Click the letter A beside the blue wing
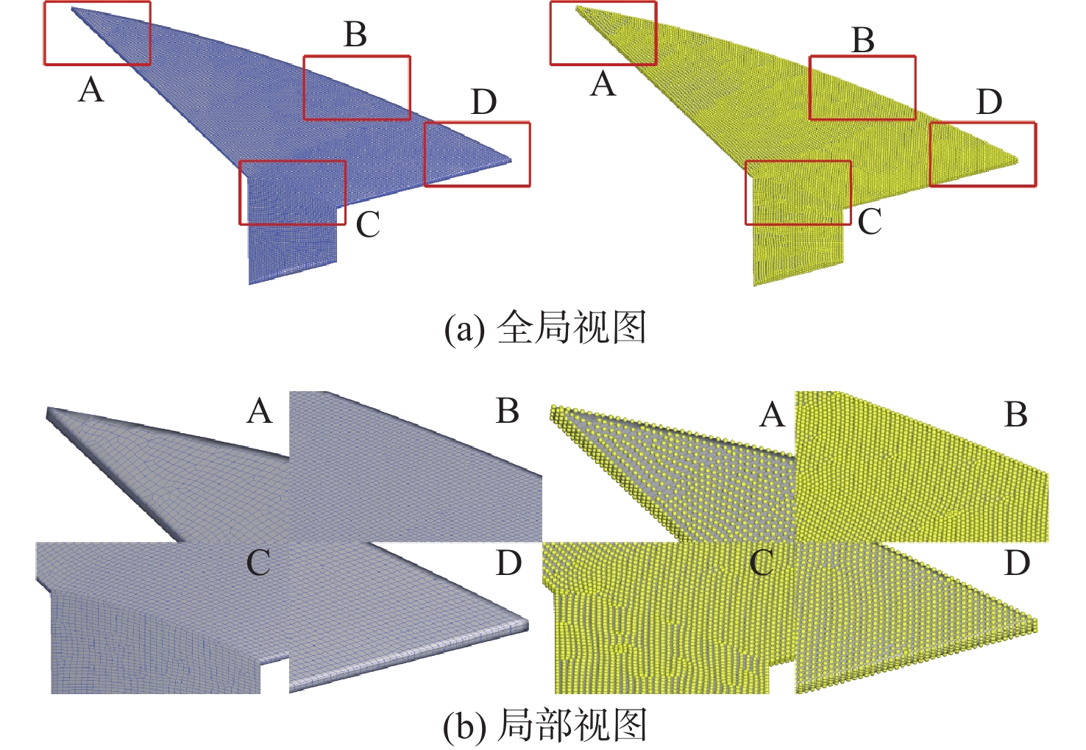click(90, 90)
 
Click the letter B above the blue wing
click(355, 35)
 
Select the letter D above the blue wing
click(483, 102)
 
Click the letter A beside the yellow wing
click(603, 85)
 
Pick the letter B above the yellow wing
click(863, 40)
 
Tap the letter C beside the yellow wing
click(870, 221)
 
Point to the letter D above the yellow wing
click(990, 102)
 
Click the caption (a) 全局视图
click(545, 327)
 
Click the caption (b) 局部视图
click(545, 726)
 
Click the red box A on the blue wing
click(97, 33)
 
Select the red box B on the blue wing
click(357, 87)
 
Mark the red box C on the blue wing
click(292, 193)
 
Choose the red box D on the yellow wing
click(983, 154)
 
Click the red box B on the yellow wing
click(862, 87)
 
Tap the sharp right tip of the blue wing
click(511, 160)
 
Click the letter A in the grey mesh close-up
click(260, 412)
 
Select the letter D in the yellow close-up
click(1017, 564)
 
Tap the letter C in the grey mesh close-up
click(258, 564)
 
